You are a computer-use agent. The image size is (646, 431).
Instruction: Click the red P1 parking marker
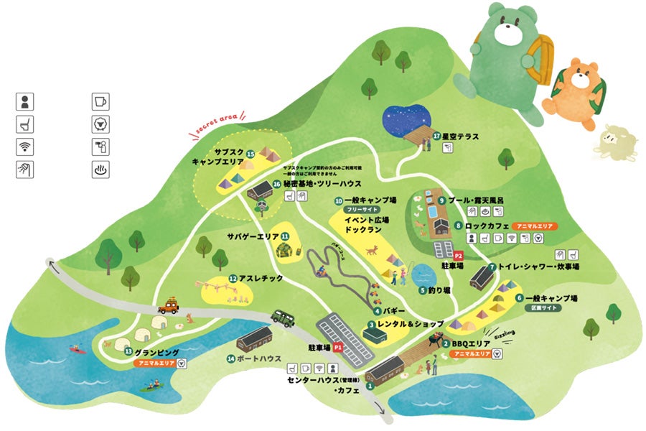point(337,347)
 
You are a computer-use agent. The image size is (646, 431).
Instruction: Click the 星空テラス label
point(460,135)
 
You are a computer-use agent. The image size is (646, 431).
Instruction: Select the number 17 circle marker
point(436,135)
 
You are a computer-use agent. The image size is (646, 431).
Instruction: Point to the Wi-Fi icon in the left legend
point(26,147)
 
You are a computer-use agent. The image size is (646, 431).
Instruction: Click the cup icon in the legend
point(100,101)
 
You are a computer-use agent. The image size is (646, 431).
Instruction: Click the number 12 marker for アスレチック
point(233,278)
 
